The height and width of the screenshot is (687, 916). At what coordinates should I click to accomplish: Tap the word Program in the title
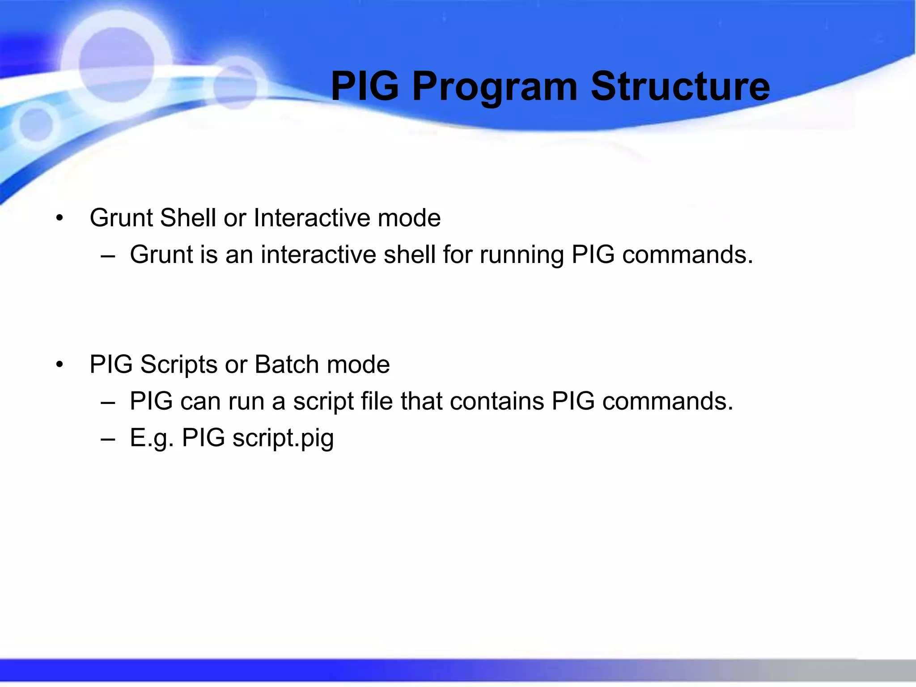(495, 88)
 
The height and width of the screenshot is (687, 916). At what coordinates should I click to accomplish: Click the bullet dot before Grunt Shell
(59, 219)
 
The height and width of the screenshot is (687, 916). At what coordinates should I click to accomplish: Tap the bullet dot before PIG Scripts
(59, 365)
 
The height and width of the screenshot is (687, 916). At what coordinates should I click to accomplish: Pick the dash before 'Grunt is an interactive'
(108, 256)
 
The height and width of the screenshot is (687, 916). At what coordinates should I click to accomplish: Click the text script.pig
(283, 438)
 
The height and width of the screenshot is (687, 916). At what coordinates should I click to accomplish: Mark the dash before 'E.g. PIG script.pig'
(108, 439)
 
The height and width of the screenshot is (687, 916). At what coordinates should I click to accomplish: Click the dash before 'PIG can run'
(108, 402)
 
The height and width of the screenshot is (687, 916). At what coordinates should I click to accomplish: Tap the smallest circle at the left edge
(36, 124)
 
